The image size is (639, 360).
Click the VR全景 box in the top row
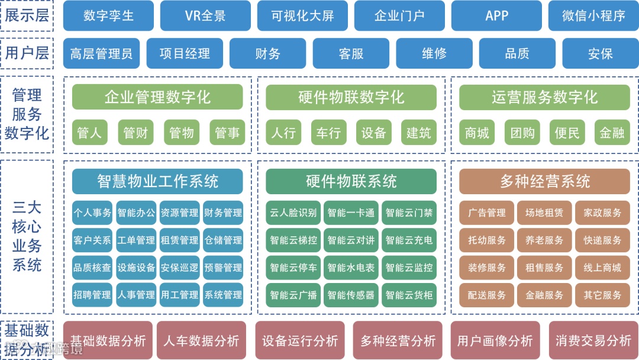click(205, 16)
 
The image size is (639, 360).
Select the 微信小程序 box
click(593, 16)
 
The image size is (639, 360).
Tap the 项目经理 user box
click(185, 53)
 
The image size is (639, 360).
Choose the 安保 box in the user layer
click(600, 53)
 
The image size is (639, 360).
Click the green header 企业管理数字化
click(157, 97)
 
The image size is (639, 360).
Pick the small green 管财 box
click(135, 133)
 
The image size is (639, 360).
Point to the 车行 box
click(328, 133)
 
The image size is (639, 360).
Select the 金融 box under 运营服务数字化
click(612, 133)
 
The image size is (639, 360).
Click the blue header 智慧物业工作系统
click(157, 181)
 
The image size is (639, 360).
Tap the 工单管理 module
click(136, 240)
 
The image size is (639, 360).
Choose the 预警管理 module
click(223, 268)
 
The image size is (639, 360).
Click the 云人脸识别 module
click(293, 213)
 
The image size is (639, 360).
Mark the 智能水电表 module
click(351, 268)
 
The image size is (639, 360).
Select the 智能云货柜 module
click(409, 295)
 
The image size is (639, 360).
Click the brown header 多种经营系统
click(544, 181)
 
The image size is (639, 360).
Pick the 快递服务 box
click(602, 240)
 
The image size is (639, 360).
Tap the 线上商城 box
click(602, 268)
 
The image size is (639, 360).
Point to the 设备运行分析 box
click(300, 340)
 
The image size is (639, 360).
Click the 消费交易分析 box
click(593, 340)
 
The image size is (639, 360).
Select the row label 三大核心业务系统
click(27, 237)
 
